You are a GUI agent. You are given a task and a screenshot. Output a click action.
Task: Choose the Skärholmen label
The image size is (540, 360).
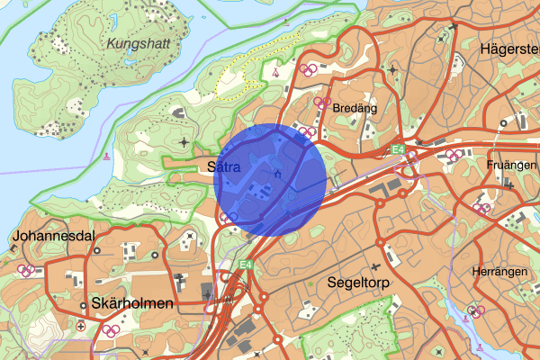(x=132, y=303)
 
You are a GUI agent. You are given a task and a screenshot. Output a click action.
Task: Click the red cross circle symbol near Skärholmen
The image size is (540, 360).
(x=82, y=326)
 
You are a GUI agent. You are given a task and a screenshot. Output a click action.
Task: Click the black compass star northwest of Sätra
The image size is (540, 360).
(x=185, y=141)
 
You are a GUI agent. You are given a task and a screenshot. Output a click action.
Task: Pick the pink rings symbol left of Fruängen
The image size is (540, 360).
(x=455, y=154)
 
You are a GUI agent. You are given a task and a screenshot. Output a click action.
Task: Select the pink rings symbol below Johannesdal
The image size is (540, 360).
(x=28, y=268)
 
